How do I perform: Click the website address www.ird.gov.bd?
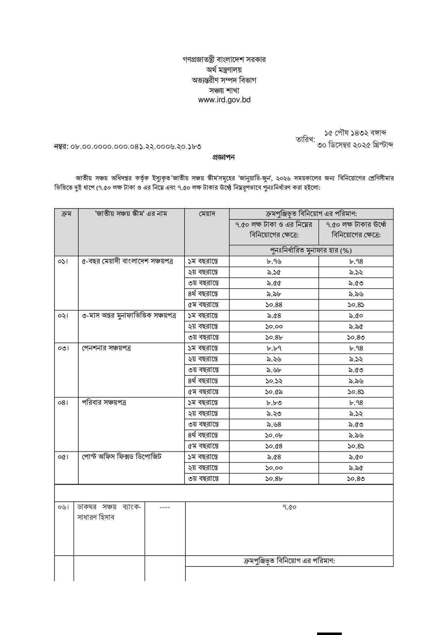tap(224, 100)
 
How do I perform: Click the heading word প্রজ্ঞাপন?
tap(223, 158)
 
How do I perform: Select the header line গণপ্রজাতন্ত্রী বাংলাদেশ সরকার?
tap(224, 60)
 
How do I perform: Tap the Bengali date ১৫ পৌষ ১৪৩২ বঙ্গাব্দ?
tap(355, 133)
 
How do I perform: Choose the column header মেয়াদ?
tap(207, 214)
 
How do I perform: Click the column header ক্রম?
tap(66, 214)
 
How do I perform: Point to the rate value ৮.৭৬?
tap(274, 261)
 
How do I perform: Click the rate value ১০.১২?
tap(274, 381)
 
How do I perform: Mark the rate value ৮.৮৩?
tap(274, 403)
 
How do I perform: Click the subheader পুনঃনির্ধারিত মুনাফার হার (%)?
tap(311, 250)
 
